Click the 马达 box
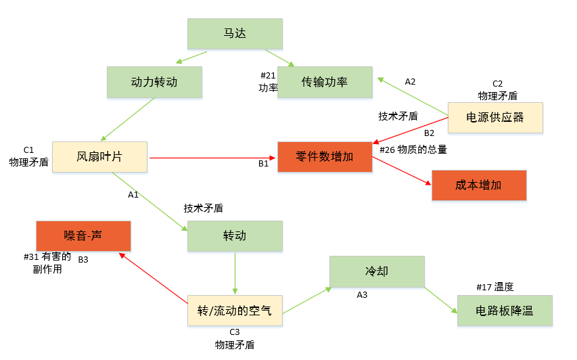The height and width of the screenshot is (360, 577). point(235,33)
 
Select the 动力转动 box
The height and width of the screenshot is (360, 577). point(154,82)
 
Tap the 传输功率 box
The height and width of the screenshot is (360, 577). point(325,82)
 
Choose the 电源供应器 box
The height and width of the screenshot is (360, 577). point(495,117)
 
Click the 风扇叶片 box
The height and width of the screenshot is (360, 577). point(99,157)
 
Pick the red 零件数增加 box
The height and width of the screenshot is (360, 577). point(325,157)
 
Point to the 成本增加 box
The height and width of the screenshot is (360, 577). point(479,185)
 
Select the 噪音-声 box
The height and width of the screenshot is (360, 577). point(83,235)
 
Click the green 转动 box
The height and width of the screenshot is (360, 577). point(235,236)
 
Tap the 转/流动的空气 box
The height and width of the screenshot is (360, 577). point(235,311)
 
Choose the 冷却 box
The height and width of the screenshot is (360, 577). point(377,271)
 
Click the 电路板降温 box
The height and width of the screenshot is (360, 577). point(505,311)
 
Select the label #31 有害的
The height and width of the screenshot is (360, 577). point(47,256)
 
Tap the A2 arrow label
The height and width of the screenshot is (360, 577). point(410,82)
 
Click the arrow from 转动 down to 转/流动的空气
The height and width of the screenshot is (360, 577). point(235,273)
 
